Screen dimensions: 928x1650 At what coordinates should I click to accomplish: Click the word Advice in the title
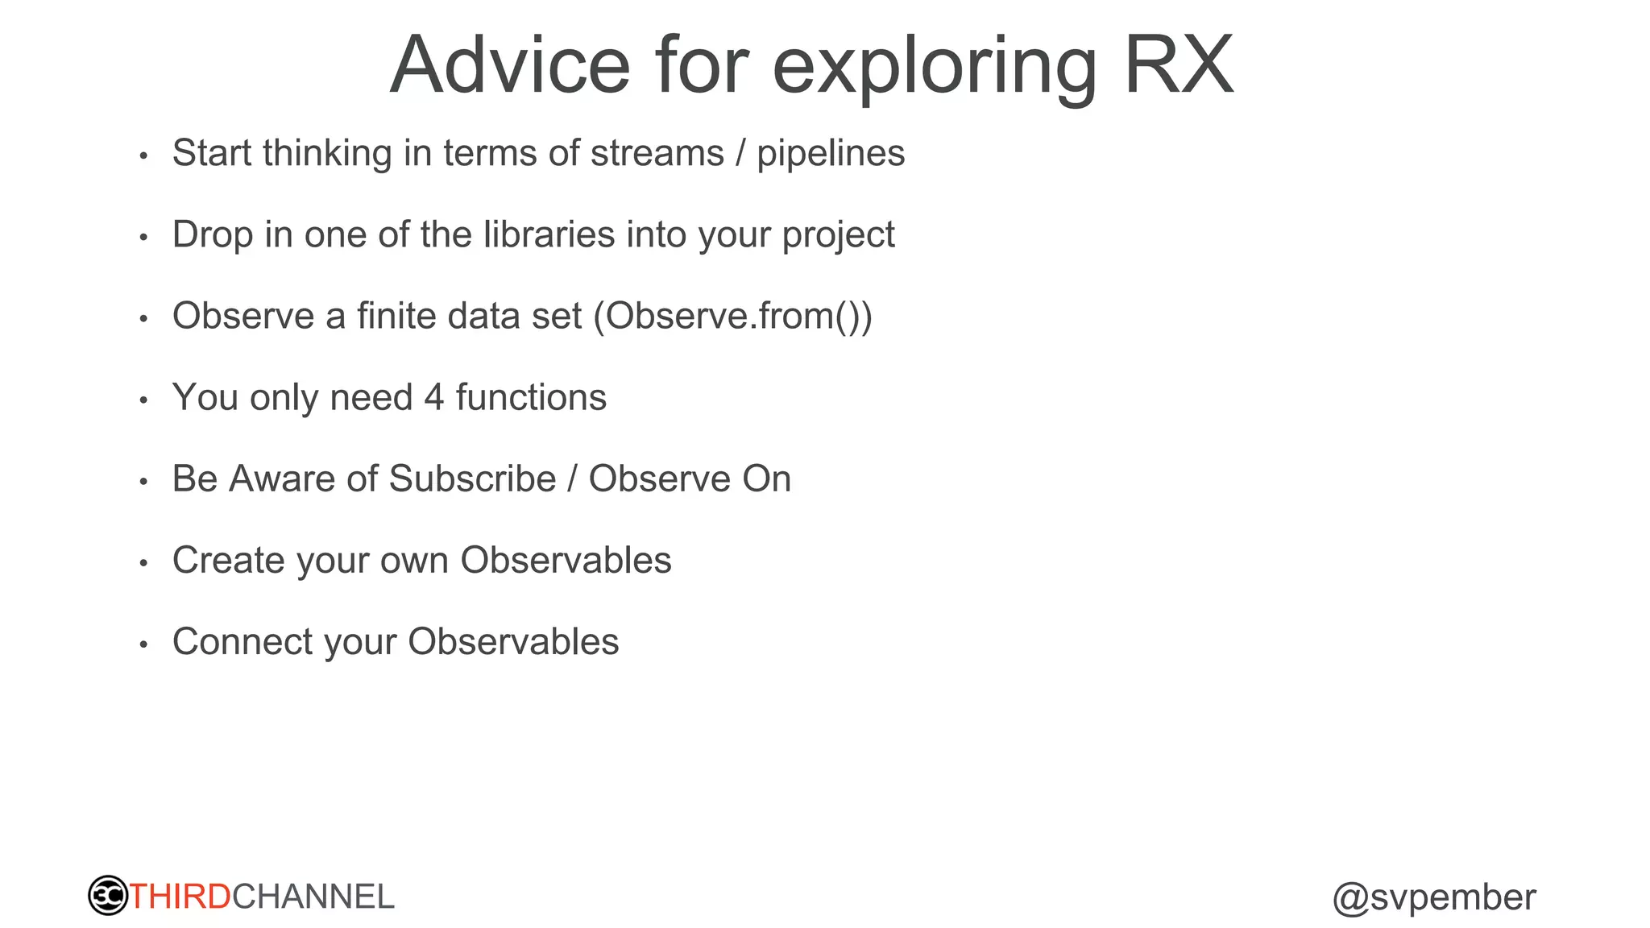pos(509,66)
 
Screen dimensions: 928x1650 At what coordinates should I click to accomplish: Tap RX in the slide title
pos(1178,66)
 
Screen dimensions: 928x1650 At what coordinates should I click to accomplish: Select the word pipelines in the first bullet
pos(830,154)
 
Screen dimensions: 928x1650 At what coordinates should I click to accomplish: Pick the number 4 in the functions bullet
pos(434,398)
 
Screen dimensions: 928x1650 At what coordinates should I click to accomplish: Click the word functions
pos(531,398)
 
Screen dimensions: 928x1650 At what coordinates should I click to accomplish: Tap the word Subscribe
pos(472,479)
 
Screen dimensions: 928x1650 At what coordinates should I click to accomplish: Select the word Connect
pos(243,642)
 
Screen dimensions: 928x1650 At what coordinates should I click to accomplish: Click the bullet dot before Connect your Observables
pos(143,644)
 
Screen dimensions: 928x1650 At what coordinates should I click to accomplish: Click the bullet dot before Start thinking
pos(143,155)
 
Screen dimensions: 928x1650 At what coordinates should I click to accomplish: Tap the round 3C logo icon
pos(108,896)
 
